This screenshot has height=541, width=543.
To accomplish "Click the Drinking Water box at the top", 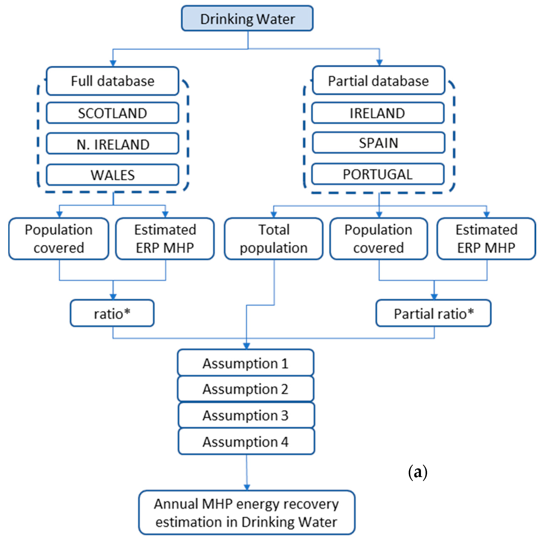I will [x=247, y=19].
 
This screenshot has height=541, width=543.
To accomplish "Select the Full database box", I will [x=112, y=81].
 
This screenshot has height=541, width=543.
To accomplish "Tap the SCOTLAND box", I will [x=112, y=113].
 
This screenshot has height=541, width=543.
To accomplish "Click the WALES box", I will [x=112, y=175].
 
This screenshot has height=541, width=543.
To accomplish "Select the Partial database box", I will [x=378, y=81].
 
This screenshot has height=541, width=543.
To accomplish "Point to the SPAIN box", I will [x=378, y=143].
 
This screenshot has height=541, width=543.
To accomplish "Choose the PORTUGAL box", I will [x=378, y=174].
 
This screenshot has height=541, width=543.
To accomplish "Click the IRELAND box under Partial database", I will [x=378, y=113].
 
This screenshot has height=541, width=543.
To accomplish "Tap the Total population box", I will [x=273, y=239].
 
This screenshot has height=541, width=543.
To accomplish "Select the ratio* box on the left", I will [x=112, y=313].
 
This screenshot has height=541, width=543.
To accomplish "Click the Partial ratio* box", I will [x=433, y=313].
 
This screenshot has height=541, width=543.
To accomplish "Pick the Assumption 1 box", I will [x=246, y=363].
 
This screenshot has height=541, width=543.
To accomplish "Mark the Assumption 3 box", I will [x=246, y=415].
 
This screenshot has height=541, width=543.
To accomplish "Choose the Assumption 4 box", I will [x=246, y=441].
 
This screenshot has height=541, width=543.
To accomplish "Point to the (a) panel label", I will [x=418, y=472].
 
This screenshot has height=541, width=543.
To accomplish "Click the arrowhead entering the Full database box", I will [x=113, y=63].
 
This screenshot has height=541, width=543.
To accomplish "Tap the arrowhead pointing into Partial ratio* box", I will [x=434, y=297].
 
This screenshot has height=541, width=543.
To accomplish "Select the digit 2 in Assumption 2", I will [x=284, y=389].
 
